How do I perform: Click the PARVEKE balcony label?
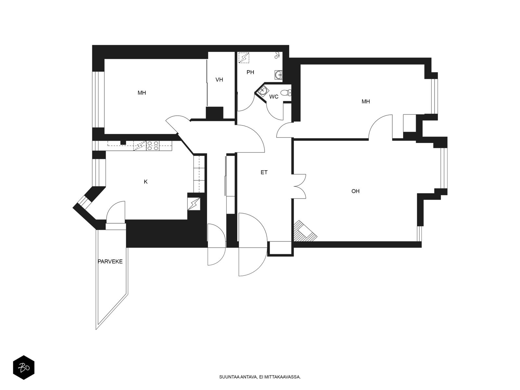pyautogui.click(x=110, y=261)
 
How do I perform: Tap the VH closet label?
pyautogui.click(x=219, y=80)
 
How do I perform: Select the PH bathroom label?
pyautogui.click(x=250, y=72)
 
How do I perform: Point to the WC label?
pyautogui.click(x=274, y=97)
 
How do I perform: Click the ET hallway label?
pyautogui.click(x=264, y=172)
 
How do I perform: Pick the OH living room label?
pyautogui.click(x=355, y=191)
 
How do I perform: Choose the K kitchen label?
pyautogui.click(x=146, y=182)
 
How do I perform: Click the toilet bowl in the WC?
pyautogui.click(x=286, y=93)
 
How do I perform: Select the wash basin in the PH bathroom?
pyautogui.click(x=279, y=75)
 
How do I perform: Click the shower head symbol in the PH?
pyautogui.click(x=278, y=55)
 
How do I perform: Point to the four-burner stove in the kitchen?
pyautogui.click(x=153, y=146)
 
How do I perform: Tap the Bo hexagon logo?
pyautogui.click(x=24, y=367)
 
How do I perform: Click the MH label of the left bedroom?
pyautogui.click(x=142, y=93)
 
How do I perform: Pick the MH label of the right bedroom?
pyautogui.click(x=366, y=102)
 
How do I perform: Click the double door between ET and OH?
pyautogui.click(x=299, y=186)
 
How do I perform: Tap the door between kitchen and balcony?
pyautogui.click(x=116, y=212)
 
